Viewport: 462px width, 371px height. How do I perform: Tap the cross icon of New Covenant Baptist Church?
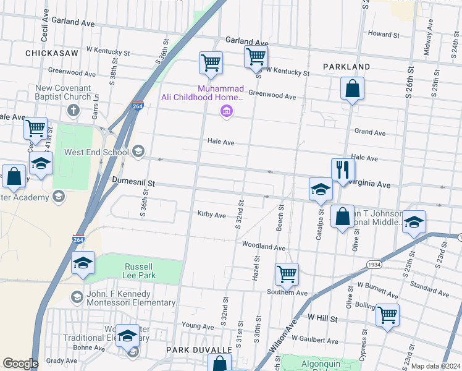point(73,111)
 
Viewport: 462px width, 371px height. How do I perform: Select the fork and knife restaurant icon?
point(342,169)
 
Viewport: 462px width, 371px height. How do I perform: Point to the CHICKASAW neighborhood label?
point(52,54)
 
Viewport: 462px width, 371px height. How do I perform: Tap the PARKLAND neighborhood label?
point(346,66)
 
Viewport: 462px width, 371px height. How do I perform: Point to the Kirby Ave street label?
point(211,215)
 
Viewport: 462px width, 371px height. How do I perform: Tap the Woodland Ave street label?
point(263,247)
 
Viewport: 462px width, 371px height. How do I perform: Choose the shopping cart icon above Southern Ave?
point(287,273)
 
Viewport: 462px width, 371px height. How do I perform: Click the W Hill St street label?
point(322,318)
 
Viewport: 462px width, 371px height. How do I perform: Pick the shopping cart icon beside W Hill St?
point(387,315)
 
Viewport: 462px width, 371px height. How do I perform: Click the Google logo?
point(20,364)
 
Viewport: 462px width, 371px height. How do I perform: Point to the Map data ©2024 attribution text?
point(435,366)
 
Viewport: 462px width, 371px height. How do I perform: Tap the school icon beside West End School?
point(138,151)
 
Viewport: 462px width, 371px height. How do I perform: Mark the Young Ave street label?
point(197,325)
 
